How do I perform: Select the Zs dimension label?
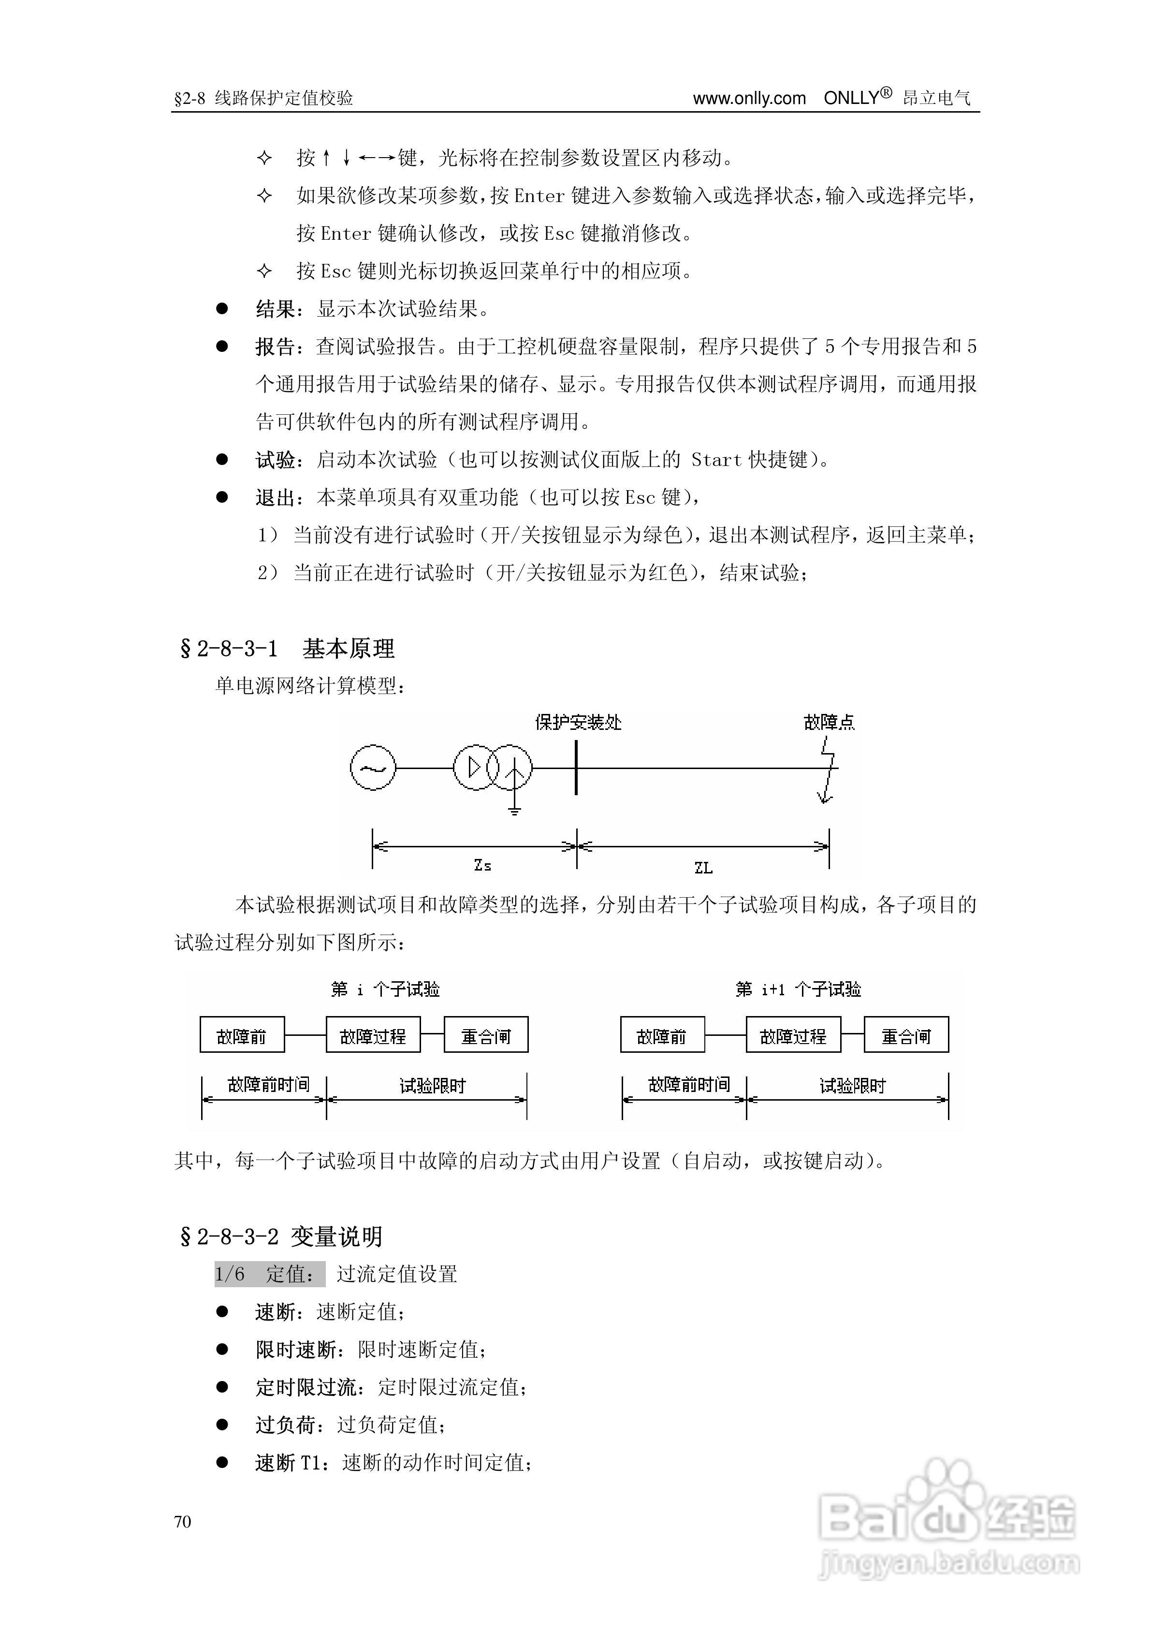pyautogui.click(x=482, y=865)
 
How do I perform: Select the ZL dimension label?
pyautogui.click(x=703, y=867)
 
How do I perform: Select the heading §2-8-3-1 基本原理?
pyautogui.click(x=287, y=648)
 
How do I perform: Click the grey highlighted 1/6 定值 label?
pyautogui.click(x=269, y=1274)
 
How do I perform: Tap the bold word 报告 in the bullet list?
pyautogui.click(x=275, y=347)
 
